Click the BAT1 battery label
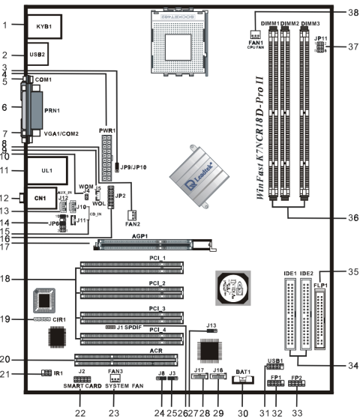(241, 372)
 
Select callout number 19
(7, 319)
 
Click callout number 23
(114, 412)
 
